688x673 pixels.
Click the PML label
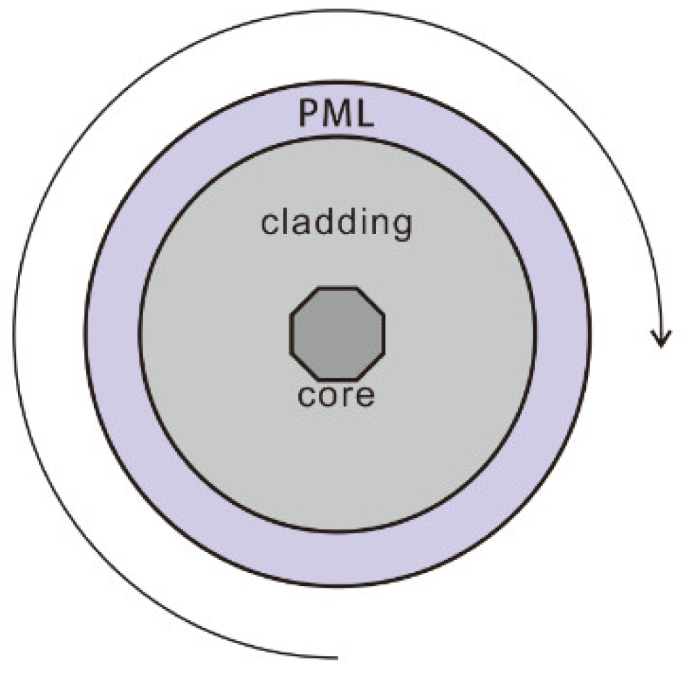[336, 114]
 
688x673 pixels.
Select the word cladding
[336, 224]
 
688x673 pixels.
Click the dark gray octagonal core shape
[337, 333]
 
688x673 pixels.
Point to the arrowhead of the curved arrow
[660, 339]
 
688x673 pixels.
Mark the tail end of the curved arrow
[335, 656]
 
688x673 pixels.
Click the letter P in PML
[310, 114]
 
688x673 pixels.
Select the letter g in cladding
[400, 227]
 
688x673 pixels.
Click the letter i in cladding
[362, 222]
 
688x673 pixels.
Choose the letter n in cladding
[378, 225]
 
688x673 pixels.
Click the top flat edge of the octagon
[337, 288]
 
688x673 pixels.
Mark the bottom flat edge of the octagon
[337, 379]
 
